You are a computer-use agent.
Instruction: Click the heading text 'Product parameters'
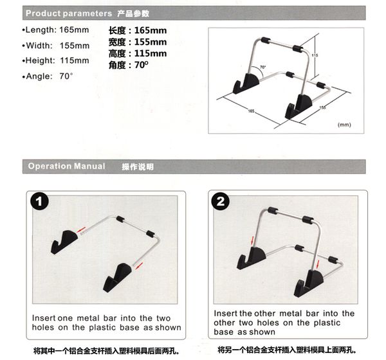[x=69, y=14]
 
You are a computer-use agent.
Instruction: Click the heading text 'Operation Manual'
[x=66, y=166]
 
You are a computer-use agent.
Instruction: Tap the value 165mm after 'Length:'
[x=74, y=30]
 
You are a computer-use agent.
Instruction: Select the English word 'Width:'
[x=39, y=46]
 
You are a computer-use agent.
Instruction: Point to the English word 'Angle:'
[x=39, y=76]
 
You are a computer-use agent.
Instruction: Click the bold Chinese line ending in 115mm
[x=138, y=53]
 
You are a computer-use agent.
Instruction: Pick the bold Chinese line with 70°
[x=129, y=65]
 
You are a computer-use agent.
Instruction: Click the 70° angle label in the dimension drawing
[x=263, y=67]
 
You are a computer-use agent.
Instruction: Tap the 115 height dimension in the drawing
[x=315, y=55]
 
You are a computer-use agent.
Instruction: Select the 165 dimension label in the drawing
[x=251, y=111]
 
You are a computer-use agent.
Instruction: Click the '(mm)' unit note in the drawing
[x=344, y=125]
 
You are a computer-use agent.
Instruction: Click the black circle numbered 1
[x=39, y=201]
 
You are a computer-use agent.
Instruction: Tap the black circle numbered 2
[x=220, y=201]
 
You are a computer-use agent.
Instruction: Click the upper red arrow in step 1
[x=81, y=230]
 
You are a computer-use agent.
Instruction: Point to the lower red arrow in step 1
[x=139, y=265]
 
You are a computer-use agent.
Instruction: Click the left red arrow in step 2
[x=252, y=240]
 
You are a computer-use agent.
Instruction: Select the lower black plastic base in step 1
[x=118, y=277]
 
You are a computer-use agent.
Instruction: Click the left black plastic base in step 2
[x=252, y=258]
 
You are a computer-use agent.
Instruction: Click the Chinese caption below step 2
[x=287, y=350]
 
